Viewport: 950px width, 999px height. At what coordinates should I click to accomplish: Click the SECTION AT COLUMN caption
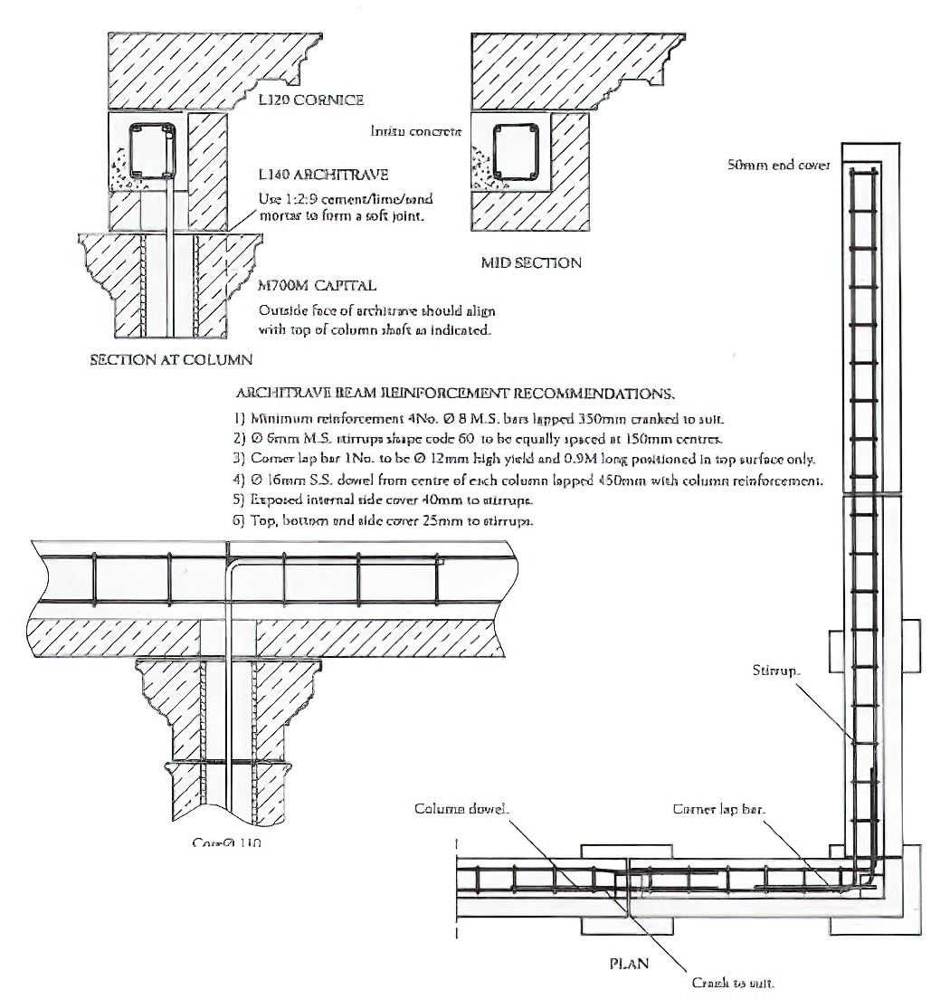(170, 359)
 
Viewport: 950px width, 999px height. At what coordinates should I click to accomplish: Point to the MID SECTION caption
(530, 263)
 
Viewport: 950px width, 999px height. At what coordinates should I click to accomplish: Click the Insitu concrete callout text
(416, 131)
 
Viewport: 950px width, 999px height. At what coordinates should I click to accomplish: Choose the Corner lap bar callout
(719, 809)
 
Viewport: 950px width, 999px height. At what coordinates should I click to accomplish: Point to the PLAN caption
(628, 964)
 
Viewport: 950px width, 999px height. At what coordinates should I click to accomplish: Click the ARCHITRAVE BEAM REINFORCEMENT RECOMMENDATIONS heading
(454, 395)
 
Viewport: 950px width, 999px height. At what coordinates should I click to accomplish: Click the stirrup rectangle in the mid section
(518, 147)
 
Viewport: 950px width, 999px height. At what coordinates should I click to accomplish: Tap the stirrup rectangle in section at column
(151, 149)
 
